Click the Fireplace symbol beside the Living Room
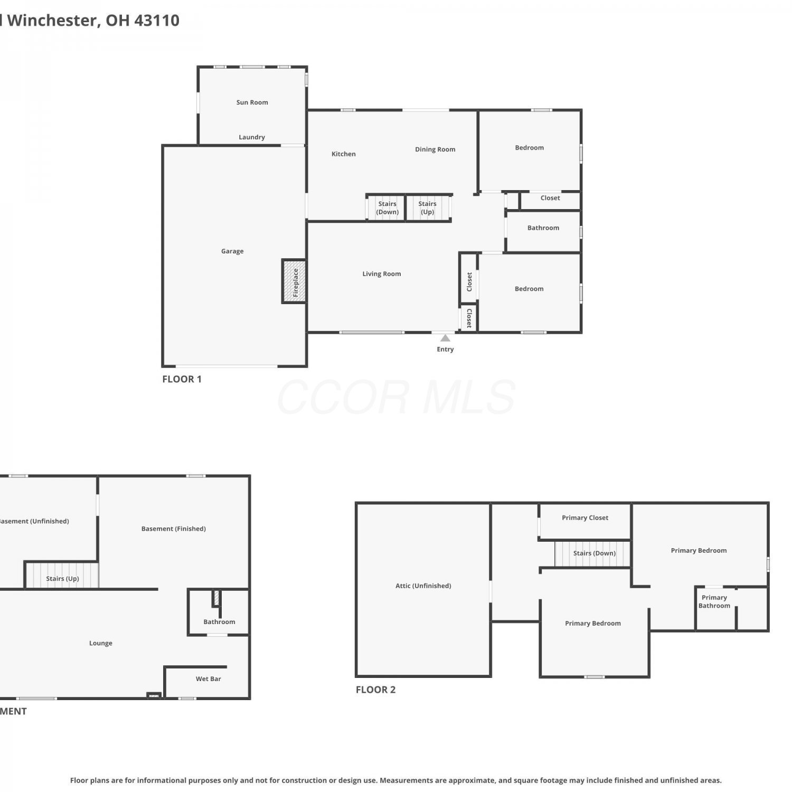tap(294, 281)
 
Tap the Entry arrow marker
tap(445, 338)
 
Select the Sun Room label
tap(252, 102)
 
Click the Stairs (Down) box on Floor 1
tap(386, 208)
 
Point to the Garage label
tap(232, 251)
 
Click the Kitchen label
tap(343, 154)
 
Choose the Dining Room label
tap(435, 149)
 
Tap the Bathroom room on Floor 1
tap(543, 232)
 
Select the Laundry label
tap(252, 137)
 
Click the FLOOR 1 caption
tap(182, 379)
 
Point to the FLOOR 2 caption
tap(375, 690)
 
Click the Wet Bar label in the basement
tap(208, 679)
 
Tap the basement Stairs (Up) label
tap(62, 579)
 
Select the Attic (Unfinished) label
tap(423, 586)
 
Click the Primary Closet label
tap(585, 518)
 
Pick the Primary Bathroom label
tap(714, 601)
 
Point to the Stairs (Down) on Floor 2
tap(593, 554)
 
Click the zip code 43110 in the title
tap(157, 21)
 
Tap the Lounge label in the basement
tap(100, 643)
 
